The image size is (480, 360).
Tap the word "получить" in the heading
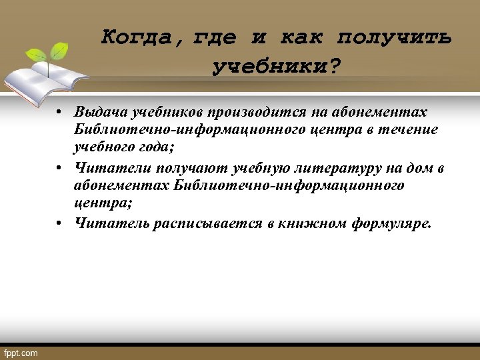coord(395,37)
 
